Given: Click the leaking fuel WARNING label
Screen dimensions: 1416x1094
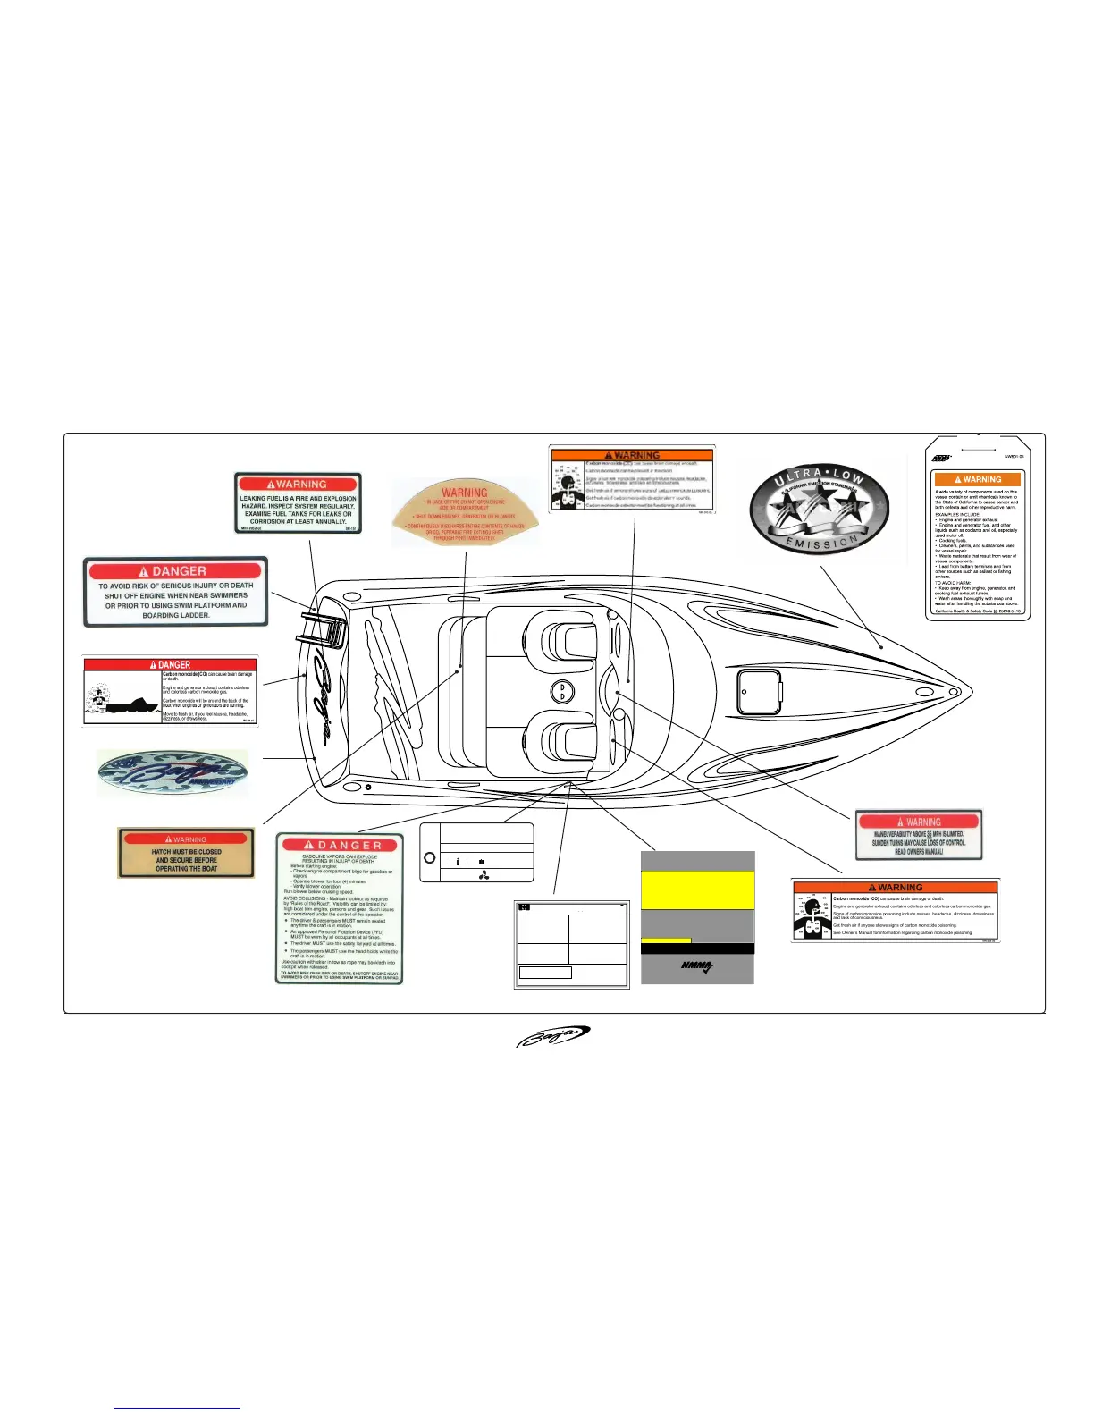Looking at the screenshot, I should pos(298,503).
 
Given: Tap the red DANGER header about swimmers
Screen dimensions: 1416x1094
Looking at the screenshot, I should pos(176,571).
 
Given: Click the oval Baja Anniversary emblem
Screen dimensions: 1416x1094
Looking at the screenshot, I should pos(173,773).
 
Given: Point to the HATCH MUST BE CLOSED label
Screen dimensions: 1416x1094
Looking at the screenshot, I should pos(186,853).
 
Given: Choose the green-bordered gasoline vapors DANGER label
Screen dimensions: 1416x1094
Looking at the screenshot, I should pos(340,909).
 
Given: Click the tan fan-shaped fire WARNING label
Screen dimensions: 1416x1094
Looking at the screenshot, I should pos(465,514).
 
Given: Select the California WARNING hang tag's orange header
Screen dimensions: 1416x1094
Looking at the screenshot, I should pos(977,479).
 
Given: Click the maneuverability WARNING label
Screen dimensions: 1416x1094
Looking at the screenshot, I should pos(919,835).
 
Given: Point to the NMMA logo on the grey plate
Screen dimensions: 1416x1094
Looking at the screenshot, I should pos(697,966).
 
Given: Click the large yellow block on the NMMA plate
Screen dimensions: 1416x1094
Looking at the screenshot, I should pos(697,890).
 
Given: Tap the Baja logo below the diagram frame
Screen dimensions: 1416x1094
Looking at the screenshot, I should pos(552,1036).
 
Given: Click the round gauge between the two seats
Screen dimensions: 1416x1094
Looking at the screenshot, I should pos(562,691).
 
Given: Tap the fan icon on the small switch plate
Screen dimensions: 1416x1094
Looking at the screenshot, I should pos(484,875).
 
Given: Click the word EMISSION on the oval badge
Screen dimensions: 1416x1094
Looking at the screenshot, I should pos(820,542).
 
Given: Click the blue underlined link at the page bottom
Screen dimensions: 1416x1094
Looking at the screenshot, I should pos(177,1408).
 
